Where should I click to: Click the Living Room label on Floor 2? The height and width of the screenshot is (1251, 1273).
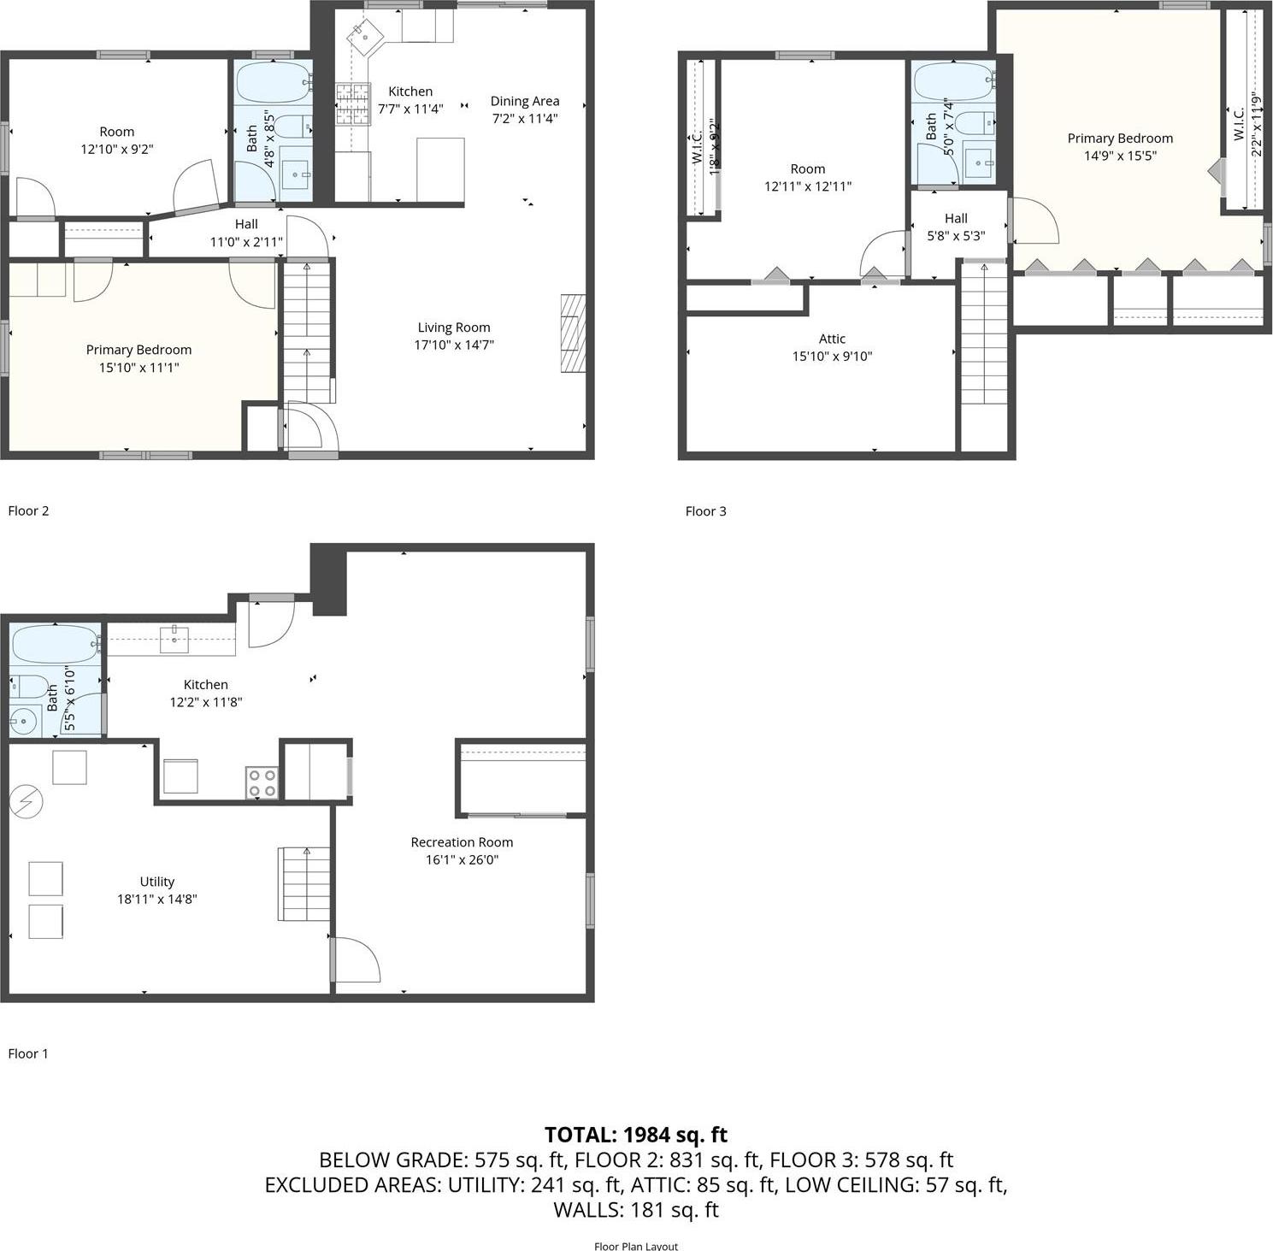[x=454, y=328]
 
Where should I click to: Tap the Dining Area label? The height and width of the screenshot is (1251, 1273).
[x=524, y=101]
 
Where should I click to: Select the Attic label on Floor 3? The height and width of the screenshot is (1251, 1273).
[x=832, y=339]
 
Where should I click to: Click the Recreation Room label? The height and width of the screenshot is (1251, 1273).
[x=462, y=842]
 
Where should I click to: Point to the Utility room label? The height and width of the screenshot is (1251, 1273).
[x=157, y=882]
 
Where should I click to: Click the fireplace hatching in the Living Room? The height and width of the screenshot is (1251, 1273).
[x=573, y=333]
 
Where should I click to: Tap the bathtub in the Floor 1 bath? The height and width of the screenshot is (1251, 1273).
[x=56, y=643]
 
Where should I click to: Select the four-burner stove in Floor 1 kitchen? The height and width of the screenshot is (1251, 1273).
[x=262, y=782]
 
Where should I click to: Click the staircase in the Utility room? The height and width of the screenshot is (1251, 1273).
[x=304, y=883]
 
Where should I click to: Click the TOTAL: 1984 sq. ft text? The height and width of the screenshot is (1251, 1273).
[x=636, y=1135]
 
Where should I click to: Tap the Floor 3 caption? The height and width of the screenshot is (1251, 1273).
[x=705, y=511]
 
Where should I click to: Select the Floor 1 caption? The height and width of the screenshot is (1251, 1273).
[x=28, y=1053]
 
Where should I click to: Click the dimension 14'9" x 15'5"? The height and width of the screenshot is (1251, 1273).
[x=1120, y=156]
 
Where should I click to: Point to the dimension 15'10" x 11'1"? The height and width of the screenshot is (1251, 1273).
[x=138, y=368]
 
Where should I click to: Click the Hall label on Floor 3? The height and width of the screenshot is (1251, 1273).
[x=956, y=218]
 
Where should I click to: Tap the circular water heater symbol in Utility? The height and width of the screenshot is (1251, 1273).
[x=26, y=802]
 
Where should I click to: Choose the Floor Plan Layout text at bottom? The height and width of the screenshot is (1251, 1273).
[x=636, y=1246]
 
